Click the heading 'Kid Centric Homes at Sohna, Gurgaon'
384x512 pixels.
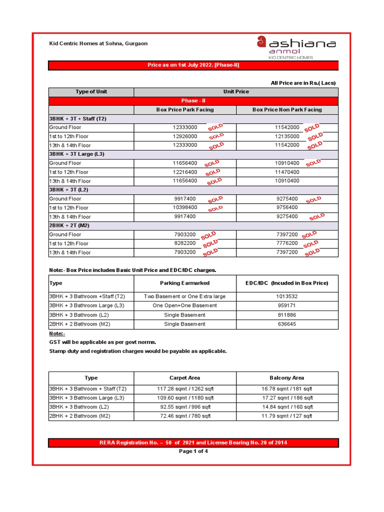pos(98,43)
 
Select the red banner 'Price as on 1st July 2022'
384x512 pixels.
pos(193,65)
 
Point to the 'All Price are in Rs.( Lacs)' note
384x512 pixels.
pos(303,82)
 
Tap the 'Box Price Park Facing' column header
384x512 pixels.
pos(184,109)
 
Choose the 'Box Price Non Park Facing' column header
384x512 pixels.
pos(287,109)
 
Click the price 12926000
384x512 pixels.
pos(184,136)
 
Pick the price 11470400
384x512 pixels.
pos(287,172)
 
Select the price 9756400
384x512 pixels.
pos(287,207)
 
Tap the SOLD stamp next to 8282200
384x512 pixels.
pos(210,243)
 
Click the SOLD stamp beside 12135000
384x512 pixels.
pos(315,136)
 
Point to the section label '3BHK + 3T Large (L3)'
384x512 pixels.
pos(76,154)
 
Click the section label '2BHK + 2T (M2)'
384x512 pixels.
pos(70,225)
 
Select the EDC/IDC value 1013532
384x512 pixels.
pos(287,296)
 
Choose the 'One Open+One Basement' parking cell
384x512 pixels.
pos(184,305)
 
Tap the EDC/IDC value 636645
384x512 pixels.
pos(287,324)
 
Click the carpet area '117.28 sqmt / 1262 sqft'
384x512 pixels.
pos(184,389)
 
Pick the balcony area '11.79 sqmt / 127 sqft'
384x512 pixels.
pos(287,416)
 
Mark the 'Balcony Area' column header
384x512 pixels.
pos(287,378)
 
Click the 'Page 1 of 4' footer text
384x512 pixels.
pos(193,451)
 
